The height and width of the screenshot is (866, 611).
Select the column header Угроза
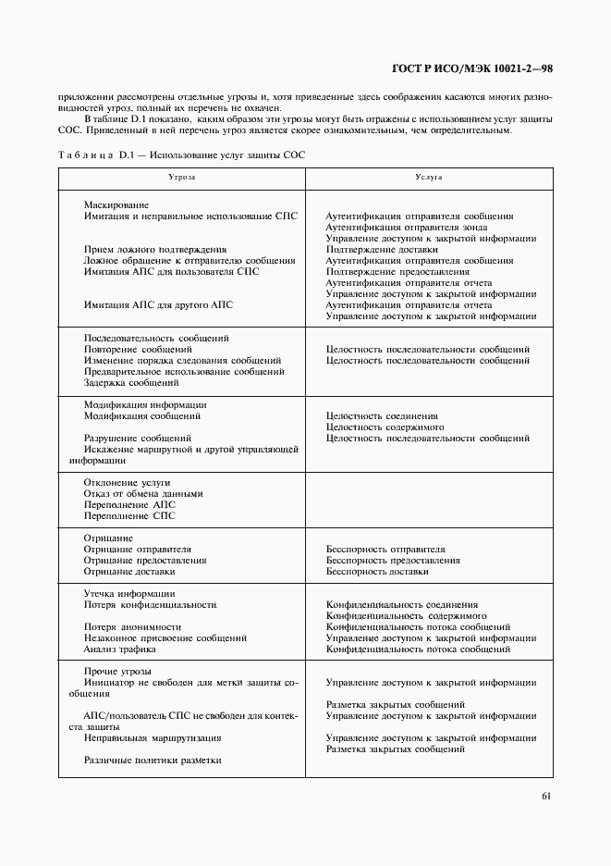click(182, 176)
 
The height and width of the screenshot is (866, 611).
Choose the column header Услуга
click(429, 176)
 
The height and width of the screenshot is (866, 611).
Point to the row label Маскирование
click(116, 204)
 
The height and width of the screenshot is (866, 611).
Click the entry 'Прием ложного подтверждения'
click(155, 249)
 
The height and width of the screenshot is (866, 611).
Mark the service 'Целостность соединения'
click(382, 416)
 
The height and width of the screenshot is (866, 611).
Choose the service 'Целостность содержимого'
click(385, 427)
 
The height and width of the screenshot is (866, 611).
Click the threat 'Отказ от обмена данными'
click(143, 494)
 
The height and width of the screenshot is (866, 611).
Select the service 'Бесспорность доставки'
click(377, 572)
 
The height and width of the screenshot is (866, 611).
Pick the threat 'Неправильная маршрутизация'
click(153, 738)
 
